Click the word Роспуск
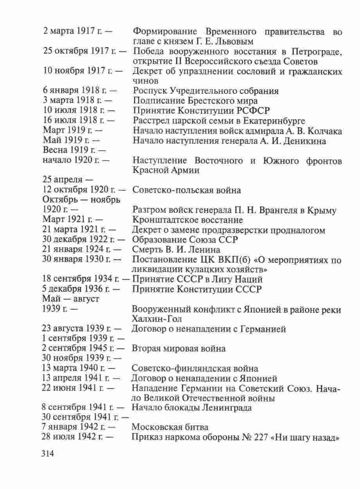pyautogui.click(x=150, y=91)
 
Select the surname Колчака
pyautogui.click(x=324, y=131)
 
